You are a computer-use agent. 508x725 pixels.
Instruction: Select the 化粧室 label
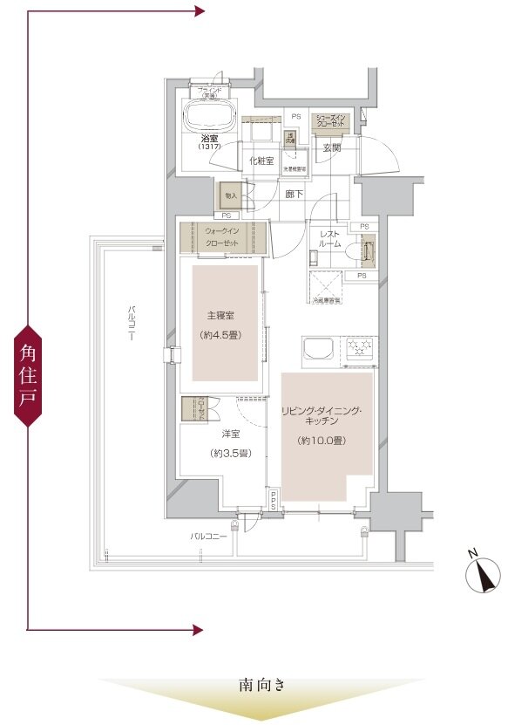coord(261,161)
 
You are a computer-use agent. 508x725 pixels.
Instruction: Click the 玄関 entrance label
coord(331,148)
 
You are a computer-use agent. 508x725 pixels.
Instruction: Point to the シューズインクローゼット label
coord(331,121)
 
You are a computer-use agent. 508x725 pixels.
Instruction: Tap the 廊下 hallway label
coord(295,194)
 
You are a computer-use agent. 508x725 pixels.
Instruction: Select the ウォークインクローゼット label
coord(222,236)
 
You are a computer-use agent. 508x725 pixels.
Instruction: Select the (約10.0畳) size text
coord(322,441)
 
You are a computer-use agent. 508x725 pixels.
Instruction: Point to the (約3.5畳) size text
coord(225,453)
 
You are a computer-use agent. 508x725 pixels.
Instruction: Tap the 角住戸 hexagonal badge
coord(28,375)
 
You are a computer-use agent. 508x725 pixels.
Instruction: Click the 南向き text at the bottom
coord(261,686)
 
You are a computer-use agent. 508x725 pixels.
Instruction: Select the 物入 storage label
coord(231,196)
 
